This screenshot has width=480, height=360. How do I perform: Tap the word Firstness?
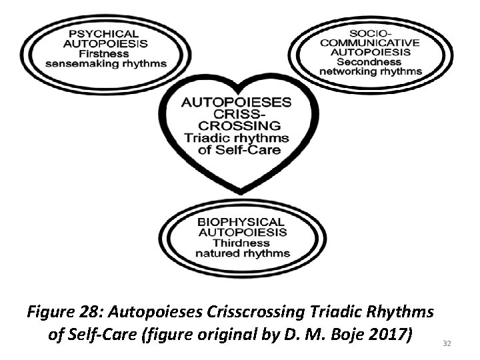[107, 54]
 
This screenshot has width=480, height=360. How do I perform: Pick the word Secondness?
[370, 61]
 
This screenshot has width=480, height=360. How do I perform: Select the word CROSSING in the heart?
[237, 125]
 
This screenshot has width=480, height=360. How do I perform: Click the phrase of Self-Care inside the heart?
[238, 149]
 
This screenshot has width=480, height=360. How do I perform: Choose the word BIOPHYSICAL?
[241, 222]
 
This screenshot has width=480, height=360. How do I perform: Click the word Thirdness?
[241, 243]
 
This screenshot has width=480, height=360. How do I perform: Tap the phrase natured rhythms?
[242, 253]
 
